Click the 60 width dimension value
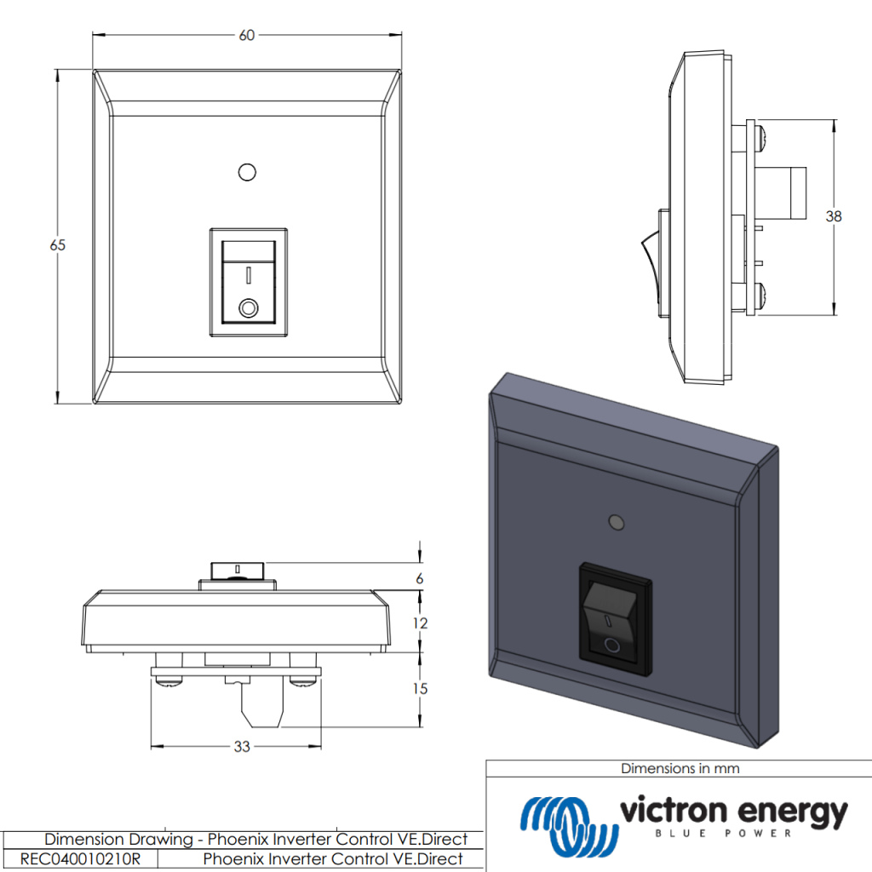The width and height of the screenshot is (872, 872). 247,35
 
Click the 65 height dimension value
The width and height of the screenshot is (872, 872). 57,245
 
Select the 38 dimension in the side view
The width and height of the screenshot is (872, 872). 833,216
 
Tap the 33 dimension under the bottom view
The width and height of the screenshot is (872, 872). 242,747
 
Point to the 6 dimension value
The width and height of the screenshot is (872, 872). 419,578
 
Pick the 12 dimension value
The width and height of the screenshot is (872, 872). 419,622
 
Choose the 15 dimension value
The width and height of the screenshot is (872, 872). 419,688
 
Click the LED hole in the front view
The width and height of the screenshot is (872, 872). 247,172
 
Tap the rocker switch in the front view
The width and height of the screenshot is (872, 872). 248,282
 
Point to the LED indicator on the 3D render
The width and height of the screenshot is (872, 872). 615,520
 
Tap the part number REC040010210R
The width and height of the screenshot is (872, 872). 79,858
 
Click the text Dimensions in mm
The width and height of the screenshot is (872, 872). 680,768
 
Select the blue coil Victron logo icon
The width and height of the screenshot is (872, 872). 567,823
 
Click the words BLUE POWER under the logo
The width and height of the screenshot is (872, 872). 732,834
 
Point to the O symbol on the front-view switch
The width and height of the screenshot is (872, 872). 249,307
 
